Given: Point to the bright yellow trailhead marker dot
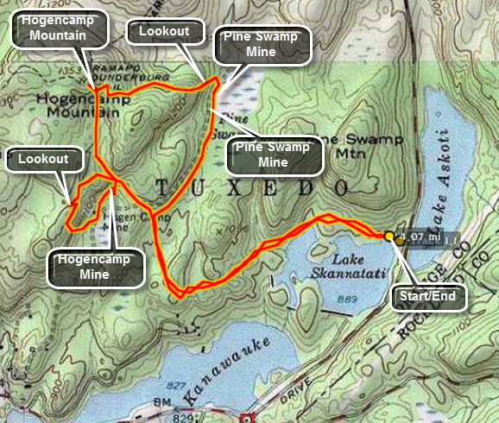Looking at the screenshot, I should pyautogui.click(x=389, y=236).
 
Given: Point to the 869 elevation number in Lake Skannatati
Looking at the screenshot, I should pyautogui.click(x=349, y=298).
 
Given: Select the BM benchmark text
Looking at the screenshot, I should pyautogui.click(x=164, y=403).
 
